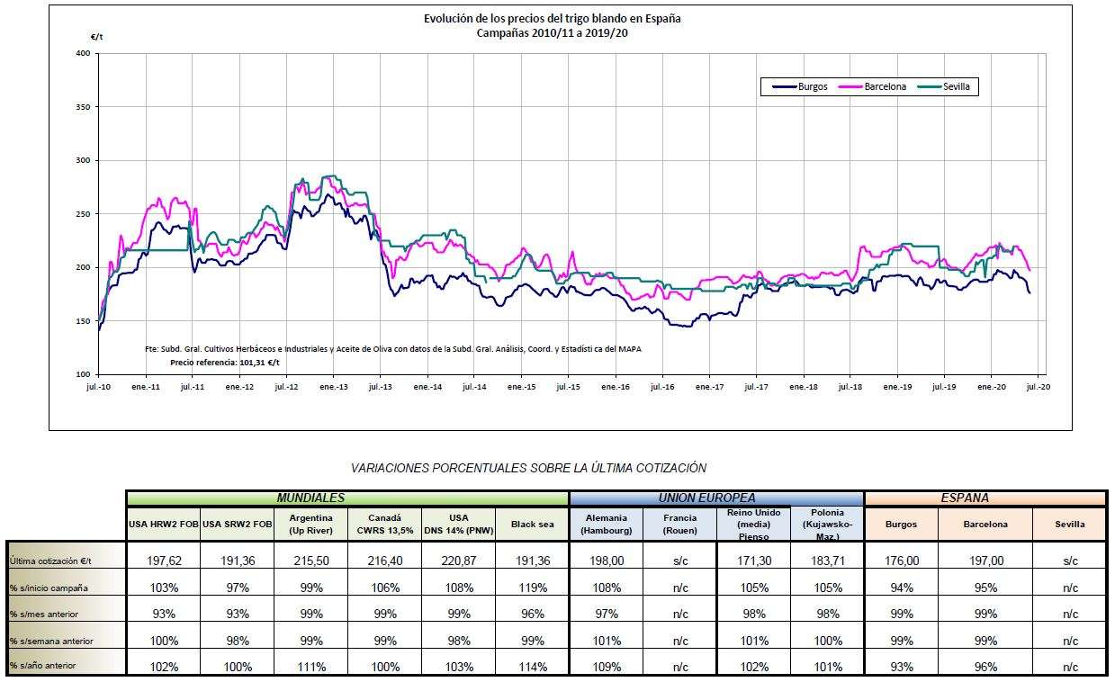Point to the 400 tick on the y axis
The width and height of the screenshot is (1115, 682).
(x=84, y=54)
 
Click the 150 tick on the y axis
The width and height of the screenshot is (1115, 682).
(x=84, y=321)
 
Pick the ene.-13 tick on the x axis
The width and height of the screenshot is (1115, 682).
(x=333, y=387)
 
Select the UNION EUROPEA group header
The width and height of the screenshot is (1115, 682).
(x=716, y=498)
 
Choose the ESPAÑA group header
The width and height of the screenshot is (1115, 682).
(x=985, y=498)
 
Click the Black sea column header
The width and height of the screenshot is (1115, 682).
(x=532, y=524)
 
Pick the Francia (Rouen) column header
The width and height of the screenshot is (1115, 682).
(x=679, y=524)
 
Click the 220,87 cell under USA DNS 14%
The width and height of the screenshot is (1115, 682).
(x=458, y=561)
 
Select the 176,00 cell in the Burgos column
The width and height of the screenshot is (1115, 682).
(x=901, y=561)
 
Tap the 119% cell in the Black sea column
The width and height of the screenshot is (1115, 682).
(x=532, y=588)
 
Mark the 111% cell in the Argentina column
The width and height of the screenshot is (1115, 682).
(x=310, y=667)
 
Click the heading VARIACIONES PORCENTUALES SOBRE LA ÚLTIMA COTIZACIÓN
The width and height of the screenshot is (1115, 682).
(x=528, y=468)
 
